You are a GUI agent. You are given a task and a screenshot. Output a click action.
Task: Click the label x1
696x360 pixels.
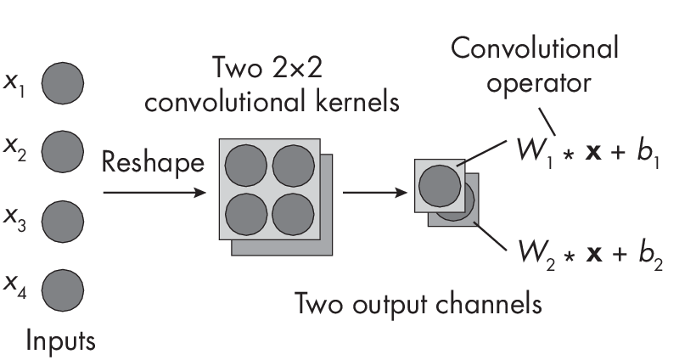[16, 85]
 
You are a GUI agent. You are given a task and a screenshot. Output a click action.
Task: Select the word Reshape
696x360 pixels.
[154, 161]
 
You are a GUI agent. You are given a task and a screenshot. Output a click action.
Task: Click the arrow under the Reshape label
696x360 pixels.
[154, 193]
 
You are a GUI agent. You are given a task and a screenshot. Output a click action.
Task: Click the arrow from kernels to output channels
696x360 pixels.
[373, 193]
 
